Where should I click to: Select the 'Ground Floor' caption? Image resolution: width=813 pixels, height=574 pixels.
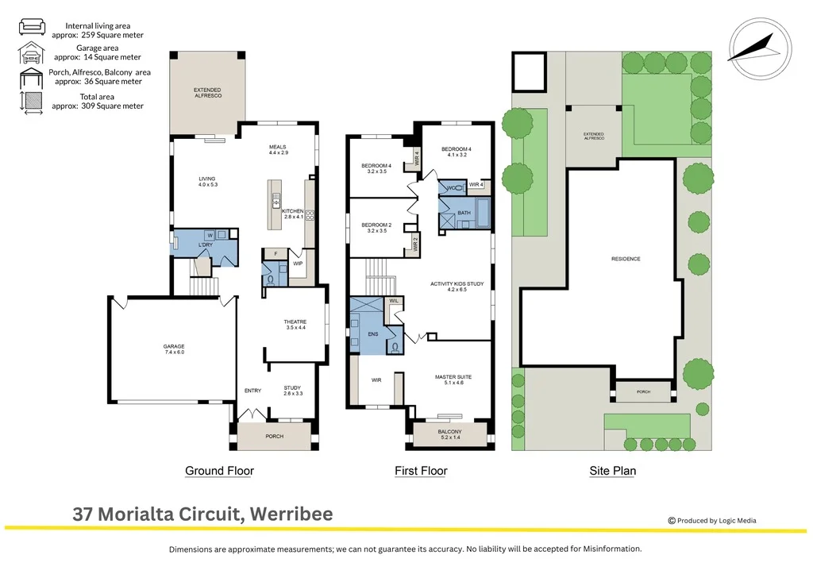click(219, 471)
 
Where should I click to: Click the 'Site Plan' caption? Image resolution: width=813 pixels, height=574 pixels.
click(612, 471)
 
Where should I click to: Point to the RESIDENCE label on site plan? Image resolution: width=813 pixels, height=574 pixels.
click(626, 259)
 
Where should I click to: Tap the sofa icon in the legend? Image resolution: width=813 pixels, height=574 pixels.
click(31, 27)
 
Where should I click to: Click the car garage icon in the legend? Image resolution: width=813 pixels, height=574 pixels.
click(31, 53)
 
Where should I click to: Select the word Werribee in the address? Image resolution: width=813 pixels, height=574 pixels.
click(291, 514)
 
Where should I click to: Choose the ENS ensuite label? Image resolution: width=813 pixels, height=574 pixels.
click(373, 334)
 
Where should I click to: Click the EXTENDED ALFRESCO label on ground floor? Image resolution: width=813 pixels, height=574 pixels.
click(208, 93)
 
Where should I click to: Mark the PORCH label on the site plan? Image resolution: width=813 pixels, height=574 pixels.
click(642, 391)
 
